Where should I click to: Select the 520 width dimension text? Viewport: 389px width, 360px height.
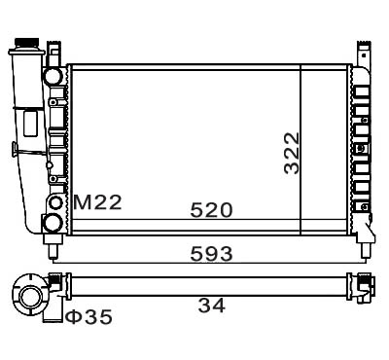[x=211, y=210]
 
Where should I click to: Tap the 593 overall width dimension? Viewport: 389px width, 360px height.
[x=211, y=254]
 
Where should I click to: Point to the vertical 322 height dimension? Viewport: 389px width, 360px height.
[x=291, y=153]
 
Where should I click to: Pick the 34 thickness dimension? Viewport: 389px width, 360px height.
[x=212, y=306]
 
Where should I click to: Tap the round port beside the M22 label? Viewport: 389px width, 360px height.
[x=55, y=203]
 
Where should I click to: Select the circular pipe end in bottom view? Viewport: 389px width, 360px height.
[x=32, y=296]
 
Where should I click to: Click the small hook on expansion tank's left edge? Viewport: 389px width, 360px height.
[x=14, y=149]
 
